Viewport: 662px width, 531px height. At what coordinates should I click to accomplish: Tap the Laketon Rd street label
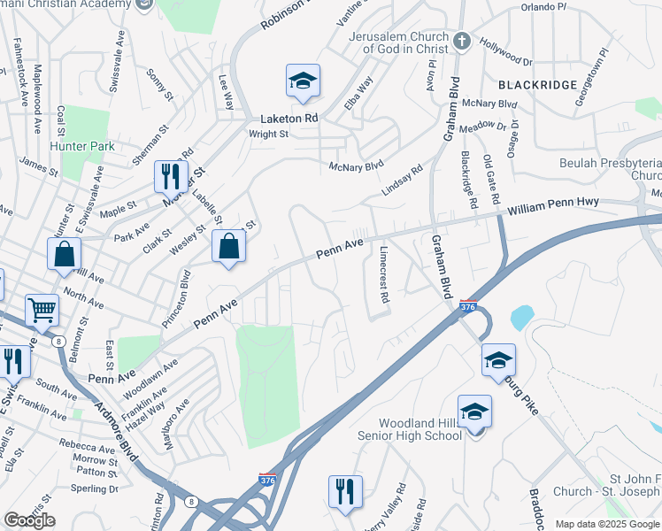coord(289,118)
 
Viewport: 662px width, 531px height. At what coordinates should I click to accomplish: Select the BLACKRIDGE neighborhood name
coord(537,85)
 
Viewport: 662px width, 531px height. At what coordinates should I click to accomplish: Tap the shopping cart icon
coord(42,310)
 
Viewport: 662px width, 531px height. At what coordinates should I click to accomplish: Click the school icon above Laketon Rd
coord(303,81)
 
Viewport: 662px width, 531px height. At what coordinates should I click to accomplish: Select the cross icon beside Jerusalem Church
coord(461,41)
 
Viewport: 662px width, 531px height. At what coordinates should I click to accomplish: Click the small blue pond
coord(522,317)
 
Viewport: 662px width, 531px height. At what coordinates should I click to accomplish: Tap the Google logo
coord(29,520)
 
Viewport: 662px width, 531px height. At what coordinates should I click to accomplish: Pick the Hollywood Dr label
coord(504,52)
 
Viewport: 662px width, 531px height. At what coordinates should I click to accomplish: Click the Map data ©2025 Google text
coord(606,524)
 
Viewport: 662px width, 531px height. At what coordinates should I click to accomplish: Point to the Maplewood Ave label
coord(37,98)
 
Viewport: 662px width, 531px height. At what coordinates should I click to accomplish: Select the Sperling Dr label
coord(95,488)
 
